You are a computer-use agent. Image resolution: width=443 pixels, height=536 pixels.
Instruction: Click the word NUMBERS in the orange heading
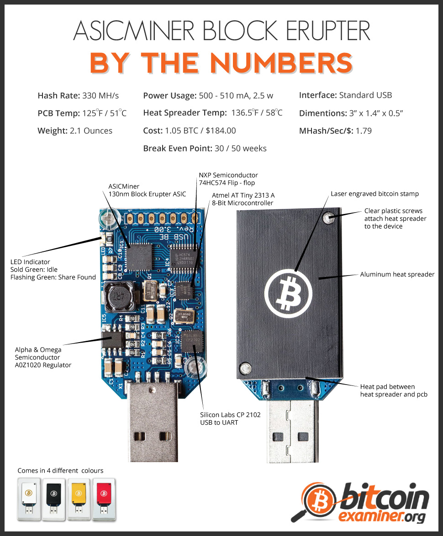click(x=281, y=63)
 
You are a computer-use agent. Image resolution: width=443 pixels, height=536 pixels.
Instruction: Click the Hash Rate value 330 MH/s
click(x=100, y=95)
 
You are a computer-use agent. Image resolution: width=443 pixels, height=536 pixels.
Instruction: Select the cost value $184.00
click(x=221, y=130)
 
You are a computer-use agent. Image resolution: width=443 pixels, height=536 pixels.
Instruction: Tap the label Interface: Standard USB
click(x=345, y=95)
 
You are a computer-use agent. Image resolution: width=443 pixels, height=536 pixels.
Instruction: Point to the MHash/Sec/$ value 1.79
click(x=364, y=130)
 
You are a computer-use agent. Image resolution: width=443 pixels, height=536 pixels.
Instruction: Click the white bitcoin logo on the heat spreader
click(x=288, y=293)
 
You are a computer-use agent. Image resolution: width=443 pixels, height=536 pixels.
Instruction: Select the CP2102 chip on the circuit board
click(x=192, y=341)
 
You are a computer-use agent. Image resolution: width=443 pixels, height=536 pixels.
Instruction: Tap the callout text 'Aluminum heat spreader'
click(x=397, y=274)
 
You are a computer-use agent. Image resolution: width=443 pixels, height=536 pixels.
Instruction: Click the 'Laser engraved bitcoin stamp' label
click(x=374, y=194)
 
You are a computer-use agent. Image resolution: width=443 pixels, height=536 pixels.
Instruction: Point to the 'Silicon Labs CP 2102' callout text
click(x=230, y=415)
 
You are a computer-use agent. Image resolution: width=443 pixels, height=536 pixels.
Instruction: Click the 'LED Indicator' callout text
click(x=30, y=262)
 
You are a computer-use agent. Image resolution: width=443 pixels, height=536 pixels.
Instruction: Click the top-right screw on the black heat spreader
click(x=329, y=218)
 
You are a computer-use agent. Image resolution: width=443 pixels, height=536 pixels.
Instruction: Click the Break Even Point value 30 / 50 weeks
click(x=240, y=148)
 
